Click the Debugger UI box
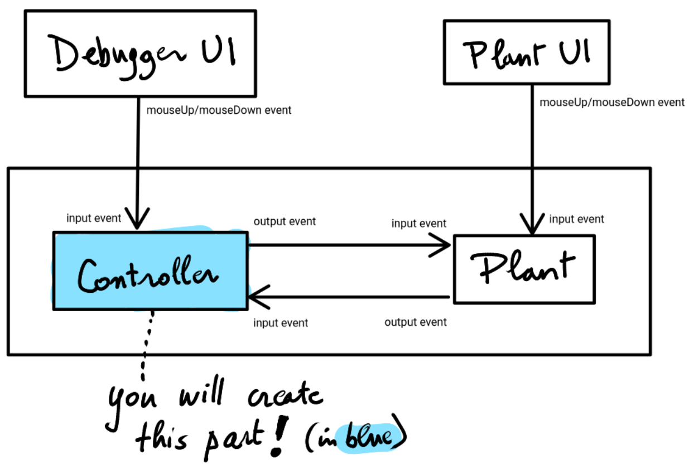point(140,52)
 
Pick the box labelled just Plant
point(524,269)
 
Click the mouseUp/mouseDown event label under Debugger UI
point(219,110)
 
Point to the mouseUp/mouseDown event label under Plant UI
point(612,102)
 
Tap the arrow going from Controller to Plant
point(349,244)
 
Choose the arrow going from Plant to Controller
point(349,297)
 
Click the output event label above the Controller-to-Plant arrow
point(285,221)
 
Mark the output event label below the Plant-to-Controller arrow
point(415,322)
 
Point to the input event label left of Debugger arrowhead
point(93,218)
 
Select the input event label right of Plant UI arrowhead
point(576,219)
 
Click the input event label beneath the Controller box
point(280,323)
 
